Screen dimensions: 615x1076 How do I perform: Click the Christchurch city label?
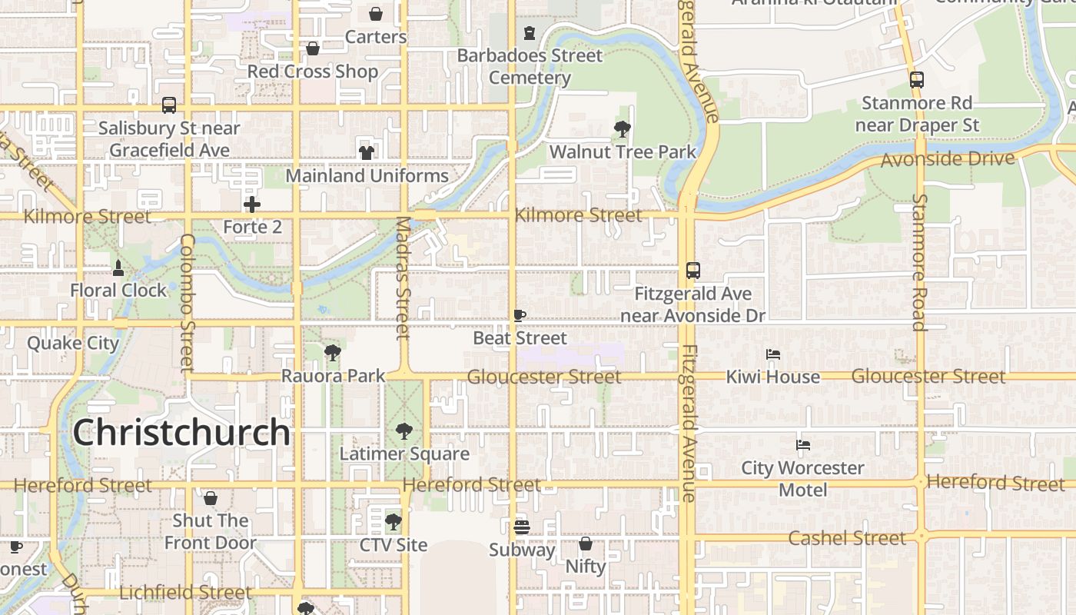click(x=181, y=433)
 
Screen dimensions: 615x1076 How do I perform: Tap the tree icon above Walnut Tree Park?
click(x=623, y=129)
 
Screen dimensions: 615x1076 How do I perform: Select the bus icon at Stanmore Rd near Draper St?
click(x=916, y=79)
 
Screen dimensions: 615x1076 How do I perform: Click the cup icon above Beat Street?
click(x=520, y=315)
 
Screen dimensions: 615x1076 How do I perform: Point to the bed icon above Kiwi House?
click(x=773, y=354)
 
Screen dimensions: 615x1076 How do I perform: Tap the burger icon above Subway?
click(x=522, y=527)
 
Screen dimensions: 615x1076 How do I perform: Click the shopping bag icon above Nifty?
click(x=586, y=544)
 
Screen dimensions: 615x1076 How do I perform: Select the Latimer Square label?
click(x=404, y=454)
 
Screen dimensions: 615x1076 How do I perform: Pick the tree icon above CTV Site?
click(x=393, y=523)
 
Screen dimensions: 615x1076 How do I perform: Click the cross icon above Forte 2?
click(x=252, y=204)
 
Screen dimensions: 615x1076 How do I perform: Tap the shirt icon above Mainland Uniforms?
click(x=367, y=152)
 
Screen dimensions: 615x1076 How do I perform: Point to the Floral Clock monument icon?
click(x=118, y=268)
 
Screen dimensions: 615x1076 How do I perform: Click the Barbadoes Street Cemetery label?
click(x=530, y=67)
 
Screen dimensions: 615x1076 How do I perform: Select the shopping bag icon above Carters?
click(x=376, y=14)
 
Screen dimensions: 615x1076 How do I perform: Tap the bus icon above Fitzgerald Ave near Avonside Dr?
click(x=692, y=271)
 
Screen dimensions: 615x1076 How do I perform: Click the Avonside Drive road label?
click(x=947, y=159)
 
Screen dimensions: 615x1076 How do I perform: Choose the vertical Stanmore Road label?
click(x=919, y=262)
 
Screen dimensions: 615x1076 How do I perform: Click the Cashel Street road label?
click(x=846, y=538)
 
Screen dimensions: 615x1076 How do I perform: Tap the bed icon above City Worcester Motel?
click(x=803, y=445)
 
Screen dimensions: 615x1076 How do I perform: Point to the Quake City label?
click(x=73, y=343)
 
